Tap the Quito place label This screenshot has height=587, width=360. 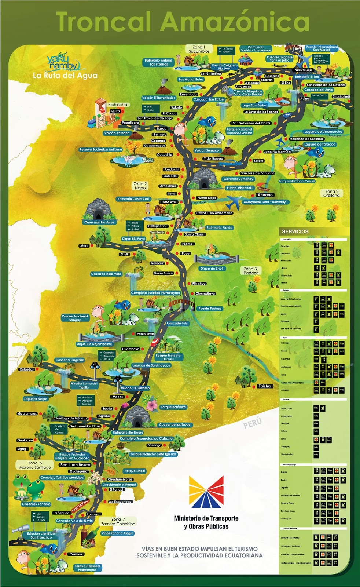tap(115, 111)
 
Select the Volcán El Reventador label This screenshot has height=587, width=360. tap(158, 98)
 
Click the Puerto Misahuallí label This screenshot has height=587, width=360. tap(240, 188)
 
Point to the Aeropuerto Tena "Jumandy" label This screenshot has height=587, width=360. tap(265, 202)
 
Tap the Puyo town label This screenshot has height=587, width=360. tap(185, 254)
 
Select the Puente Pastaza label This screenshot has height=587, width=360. tap(210, 309)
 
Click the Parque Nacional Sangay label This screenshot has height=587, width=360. tap(75, 318)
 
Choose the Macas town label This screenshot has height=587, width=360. tap(118, 397)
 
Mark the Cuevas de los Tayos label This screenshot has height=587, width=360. tap(175, 425)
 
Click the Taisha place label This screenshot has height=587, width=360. tap(264, 386)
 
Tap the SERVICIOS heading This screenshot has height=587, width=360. tap(295, 231)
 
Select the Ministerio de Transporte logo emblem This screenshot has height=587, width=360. tap(206, 492)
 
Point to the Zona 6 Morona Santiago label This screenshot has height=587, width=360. tap(35, 465)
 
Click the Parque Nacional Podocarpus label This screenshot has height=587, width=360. tap(87, 568)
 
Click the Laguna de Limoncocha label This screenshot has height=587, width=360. tap(323, 131)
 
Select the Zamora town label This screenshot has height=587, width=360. tap(76, 554)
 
